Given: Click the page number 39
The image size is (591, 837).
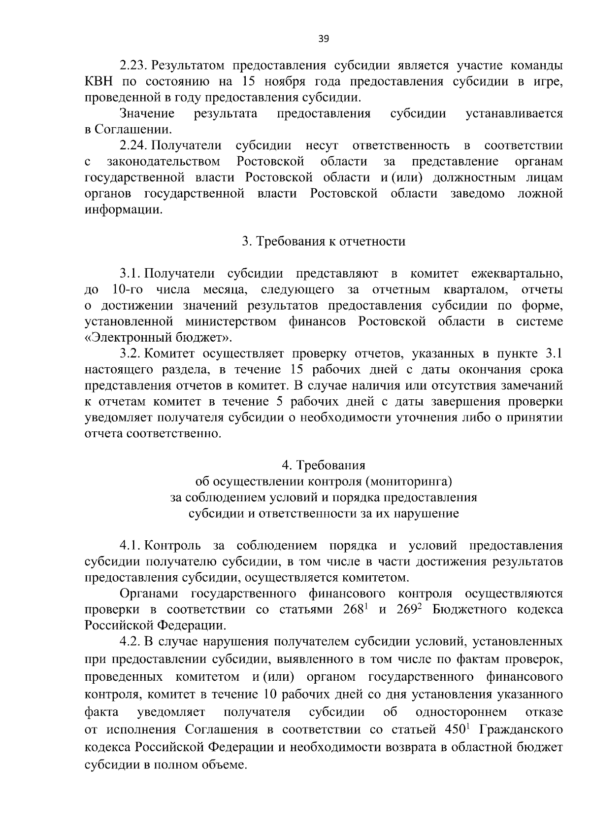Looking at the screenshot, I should pos(323,39).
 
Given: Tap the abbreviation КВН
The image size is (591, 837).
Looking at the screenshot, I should pos(98,81).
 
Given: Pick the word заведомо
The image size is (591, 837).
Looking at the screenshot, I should pos(477,194).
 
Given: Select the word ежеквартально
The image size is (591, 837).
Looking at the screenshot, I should pos(517,274).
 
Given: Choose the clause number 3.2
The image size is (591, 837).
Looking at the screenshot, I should pos(131,353).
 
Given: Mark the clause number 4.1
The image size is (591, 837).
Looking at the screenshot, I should pos(131,546).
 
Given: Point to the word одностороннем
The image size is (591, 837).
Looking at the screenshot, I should pos(461,712).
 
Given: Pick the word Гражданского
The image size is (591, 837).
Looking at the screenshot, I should pos(521,729).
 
